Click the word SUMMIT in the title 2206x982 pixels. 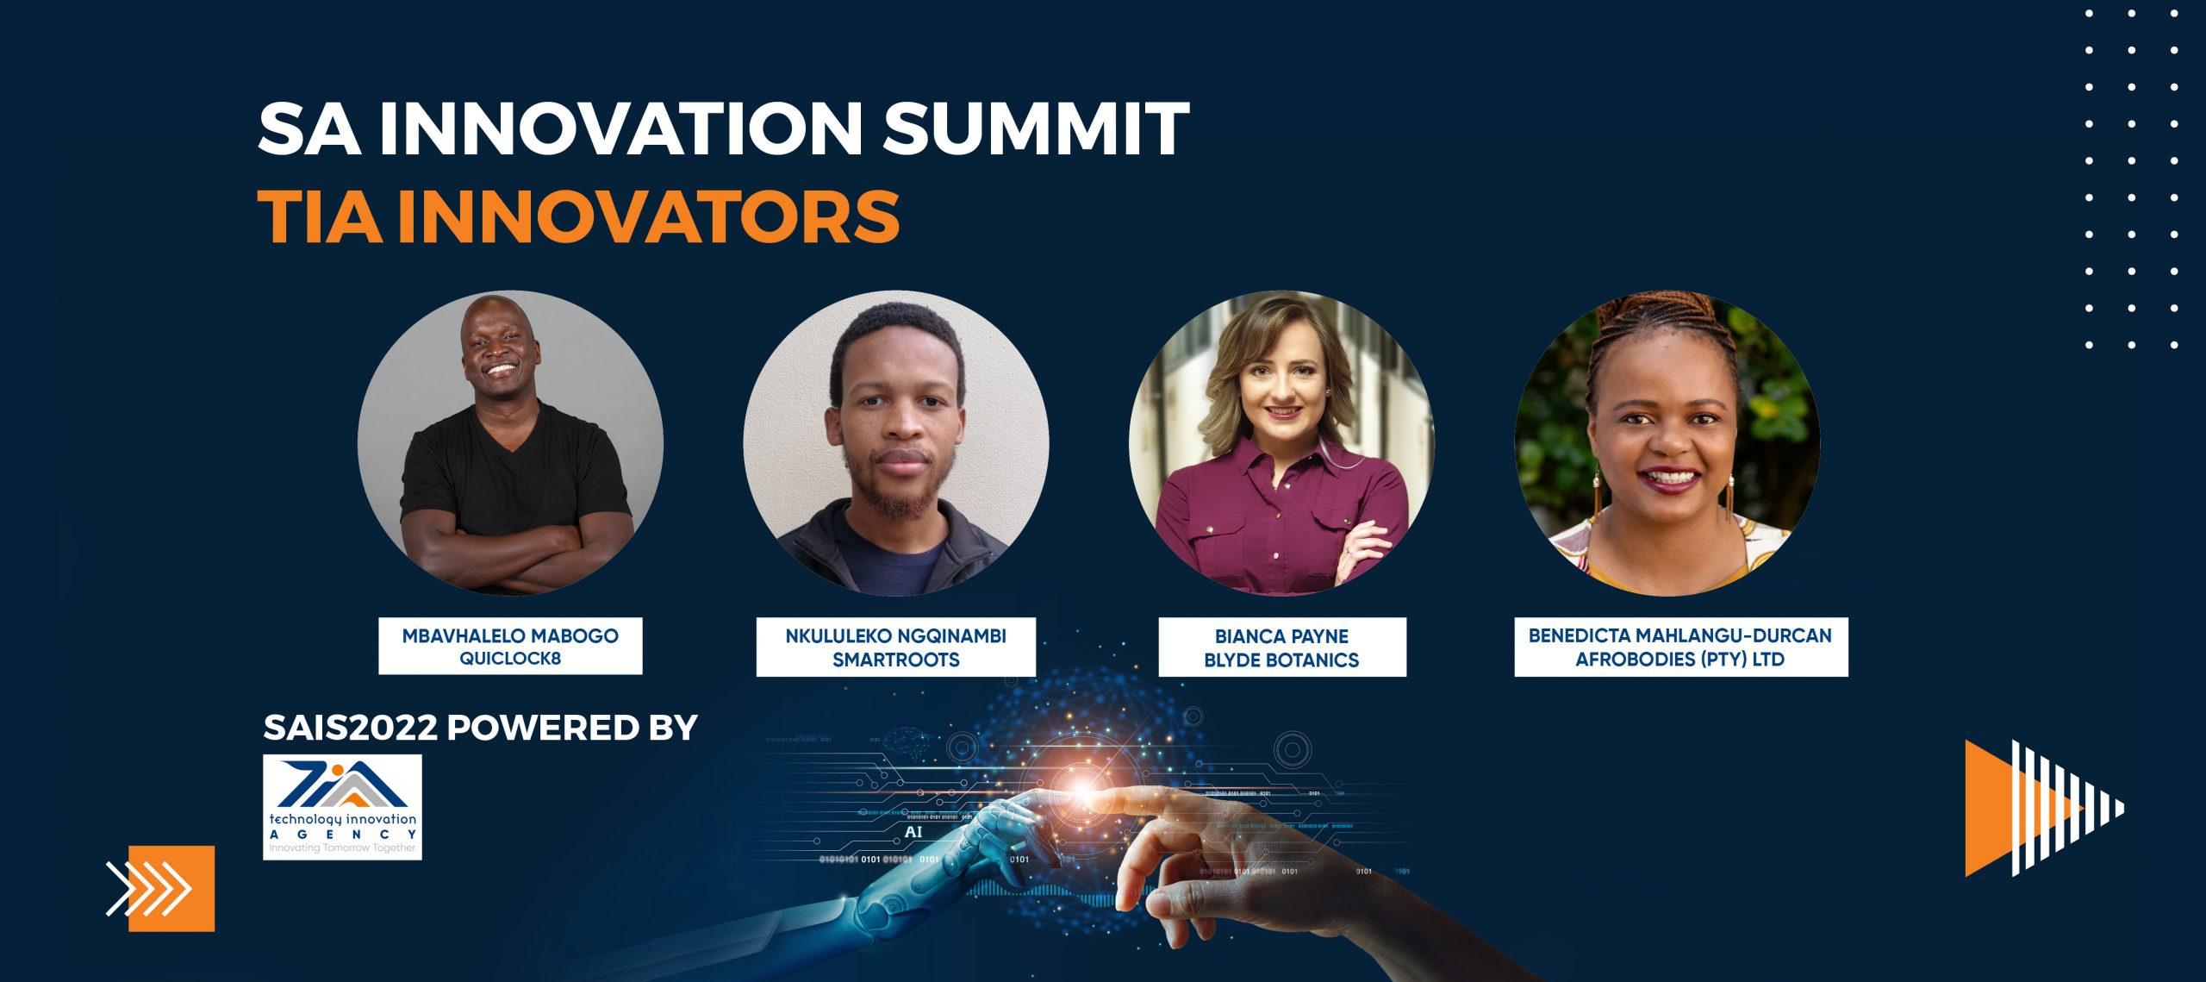pos(1036,129)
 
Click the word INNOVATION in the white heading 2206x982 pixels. pos(620,129)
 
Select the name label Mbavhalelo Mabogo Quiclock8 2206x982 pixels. pos(510,646)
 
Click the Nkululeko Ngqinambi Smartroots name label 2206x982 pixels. pos(895,647)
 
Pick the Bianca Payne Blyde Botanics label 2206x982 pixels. pos(1281,647)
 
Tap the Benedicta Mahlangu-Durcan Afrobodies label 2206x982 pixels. pos(1680,647)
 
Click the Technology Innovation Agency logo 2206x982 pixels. pos(342,807)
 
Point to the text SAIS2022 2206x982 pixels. pos(350,728)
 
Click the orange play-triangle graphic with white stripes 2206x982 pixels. pos(2042,808)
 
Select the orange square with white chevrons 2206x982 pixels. pos(171,888)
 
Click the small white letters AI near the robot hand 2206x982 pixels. pos(913,832)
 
